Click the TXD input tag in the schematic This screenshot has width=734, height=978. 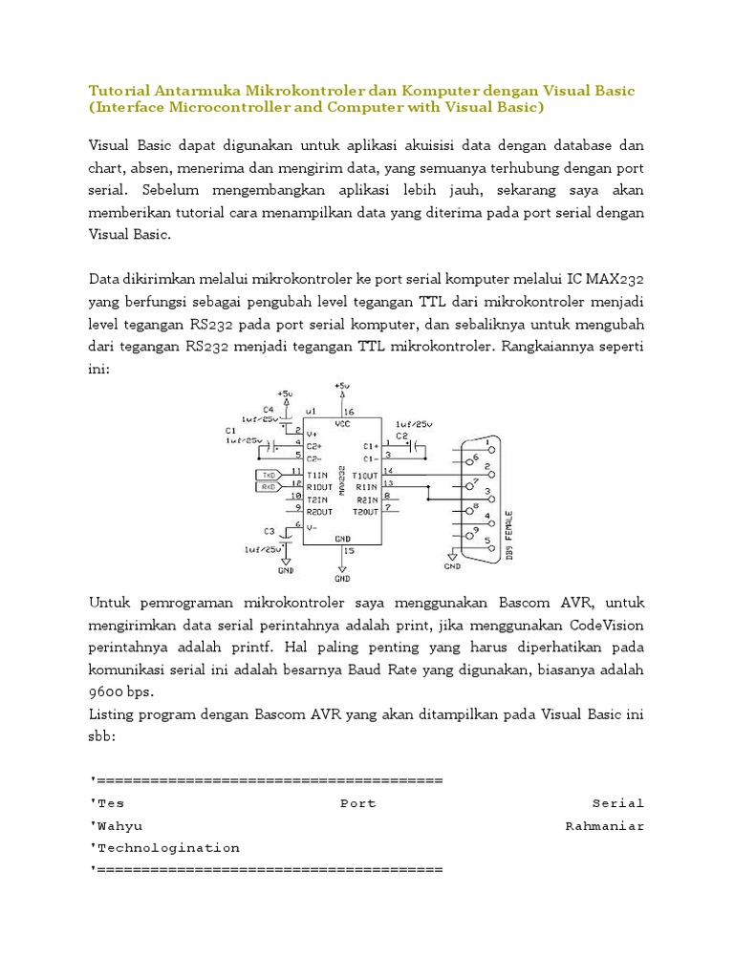(268, 474)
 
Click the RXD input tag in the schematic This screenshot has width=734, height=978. (268, 487)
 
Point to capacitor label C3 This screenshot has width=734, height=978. (269, 530)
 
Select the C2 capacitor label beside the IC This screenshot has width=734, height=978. (403, 436)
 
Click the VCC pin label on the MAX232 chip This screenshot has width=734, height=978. (341, 422)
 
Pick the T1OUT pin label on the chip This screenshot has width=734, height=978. (365, 475)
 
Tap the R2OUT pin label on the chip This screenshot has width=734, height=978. (318, 512)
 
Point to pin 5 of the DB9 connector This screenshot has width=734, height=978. (488, 541)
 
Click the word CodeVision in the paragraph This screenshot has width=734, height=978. (607, 626)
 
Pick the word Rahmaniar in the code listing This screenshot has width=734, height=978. (604, 825)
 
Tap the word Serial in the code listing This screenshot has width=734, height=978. (617, 803)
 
